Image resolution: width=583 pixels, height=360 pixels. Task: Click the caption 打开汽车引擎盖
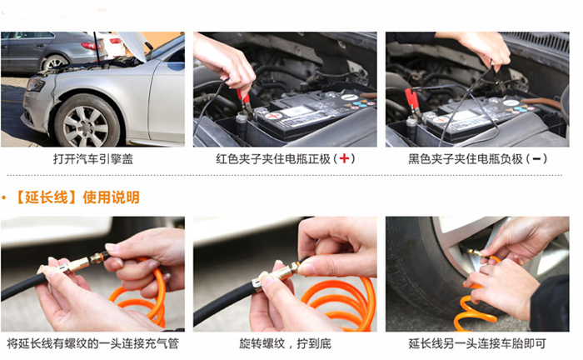click(x=93, y=159)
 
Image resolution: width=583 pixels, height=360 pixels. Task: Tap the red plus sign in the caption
click(x=344, y=159)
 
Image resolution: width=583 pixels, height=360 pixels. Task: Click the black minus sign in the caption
click(x=536, y=159)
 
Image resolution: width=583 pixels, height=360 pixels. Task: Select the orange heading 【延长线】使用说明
click(x=77, y=197)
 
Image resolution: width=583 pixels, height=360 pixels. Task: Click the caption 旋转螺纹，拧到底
click(x=285, y=343)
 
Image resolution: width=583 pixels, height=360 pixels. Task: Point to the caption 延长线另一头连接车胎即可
click(x=477, y=343)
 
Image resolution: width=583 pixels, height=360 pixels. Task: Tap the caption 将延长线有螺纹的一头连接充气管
click(x=92, y=343)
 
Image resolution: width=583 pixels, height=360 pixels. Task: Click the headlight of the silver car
click(x=35, y=84)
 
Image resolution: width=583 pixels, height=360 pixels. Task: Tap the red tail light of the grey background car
click(x=89, y=46)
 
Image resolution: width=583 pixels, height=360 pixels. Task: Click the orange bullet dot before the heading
click(x=3, y=197)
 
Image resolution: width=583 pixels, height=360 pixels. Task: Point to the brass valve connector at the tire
click(x=476, y=253)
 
